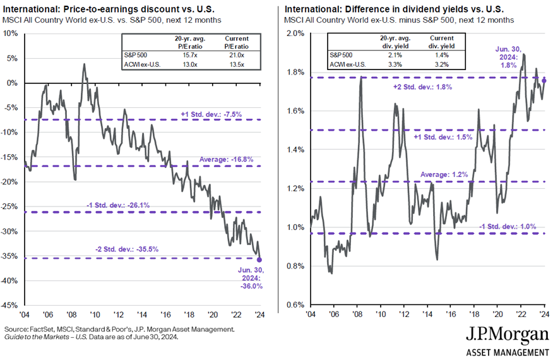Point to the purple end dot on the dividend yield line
(x=545, y=81)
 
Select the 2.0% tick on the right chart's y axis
(x=296, y=33)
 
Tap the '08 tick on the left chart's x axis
(x=71, y=313)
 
